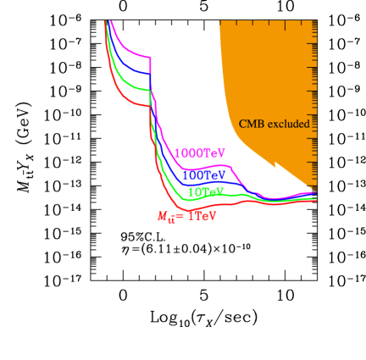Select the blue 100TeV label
(203, 175)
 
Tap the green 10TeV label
(205, 192)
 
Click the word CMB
(252, 124)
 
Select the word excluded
(289, 124)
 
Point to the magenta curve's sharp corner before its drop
(151, 58)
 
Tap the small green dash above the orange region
(267, 19)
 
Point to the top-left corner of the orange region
(219, 22)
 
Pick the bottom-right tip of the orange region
(315, 190)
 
